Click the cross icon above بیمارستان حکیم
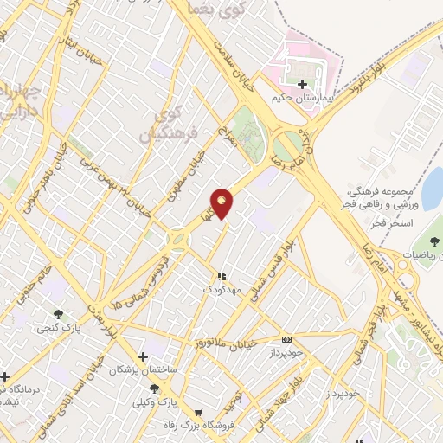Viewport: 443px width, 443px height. (302, 85)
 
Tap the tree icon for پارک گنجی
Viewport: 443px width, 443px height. (58, 314)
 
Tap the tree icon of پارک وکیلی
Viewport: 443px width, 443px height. (155, 388)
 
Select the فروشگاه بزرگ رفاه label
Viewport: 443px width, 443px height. (201, 426)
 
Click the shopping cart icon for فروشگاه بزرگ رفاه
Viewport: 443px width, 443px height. (201, 412)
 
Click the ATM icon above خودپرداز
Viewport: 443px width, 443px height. (287, 339)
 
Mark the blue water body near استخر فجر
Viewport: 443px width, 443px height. (432, 188)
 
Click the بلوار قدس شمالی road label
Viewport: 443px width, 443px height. (268, 273)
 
